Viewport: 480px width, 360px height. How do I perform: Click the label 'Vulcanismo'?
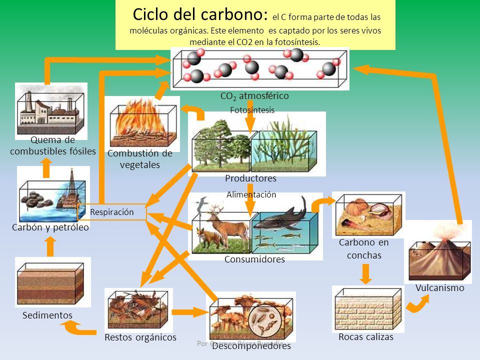pos(439,288)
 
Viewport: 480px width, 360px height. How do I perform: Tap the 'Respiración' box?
pos(112,212)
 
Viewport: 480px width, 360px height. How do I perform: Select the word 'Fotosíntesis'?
pos(252,110)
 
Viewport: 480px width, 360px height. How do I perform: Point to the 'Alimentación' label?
pos(251,195)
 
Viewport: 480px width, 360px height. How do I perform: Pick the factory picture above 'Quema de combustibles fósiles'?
pos(51,110)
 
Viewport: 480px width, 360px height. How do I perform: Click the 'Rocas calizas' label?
pos(366,337)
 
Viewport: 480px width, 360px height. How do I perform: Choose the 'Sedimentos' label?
pos(47,315)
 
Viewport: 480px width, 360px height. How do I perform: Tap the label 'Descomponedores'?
pos(251,346)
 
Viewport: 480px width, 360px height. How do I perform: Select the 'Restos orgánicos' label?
pos(140,337)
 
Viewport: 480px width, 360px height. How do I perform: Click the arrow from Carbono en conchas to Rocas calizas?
pos(366,273)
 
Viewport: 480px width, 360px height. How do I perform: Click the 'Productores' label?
pos(250,178)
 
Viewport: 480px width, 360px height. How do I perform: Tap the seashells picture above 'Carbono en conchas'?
pos(368,213)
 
